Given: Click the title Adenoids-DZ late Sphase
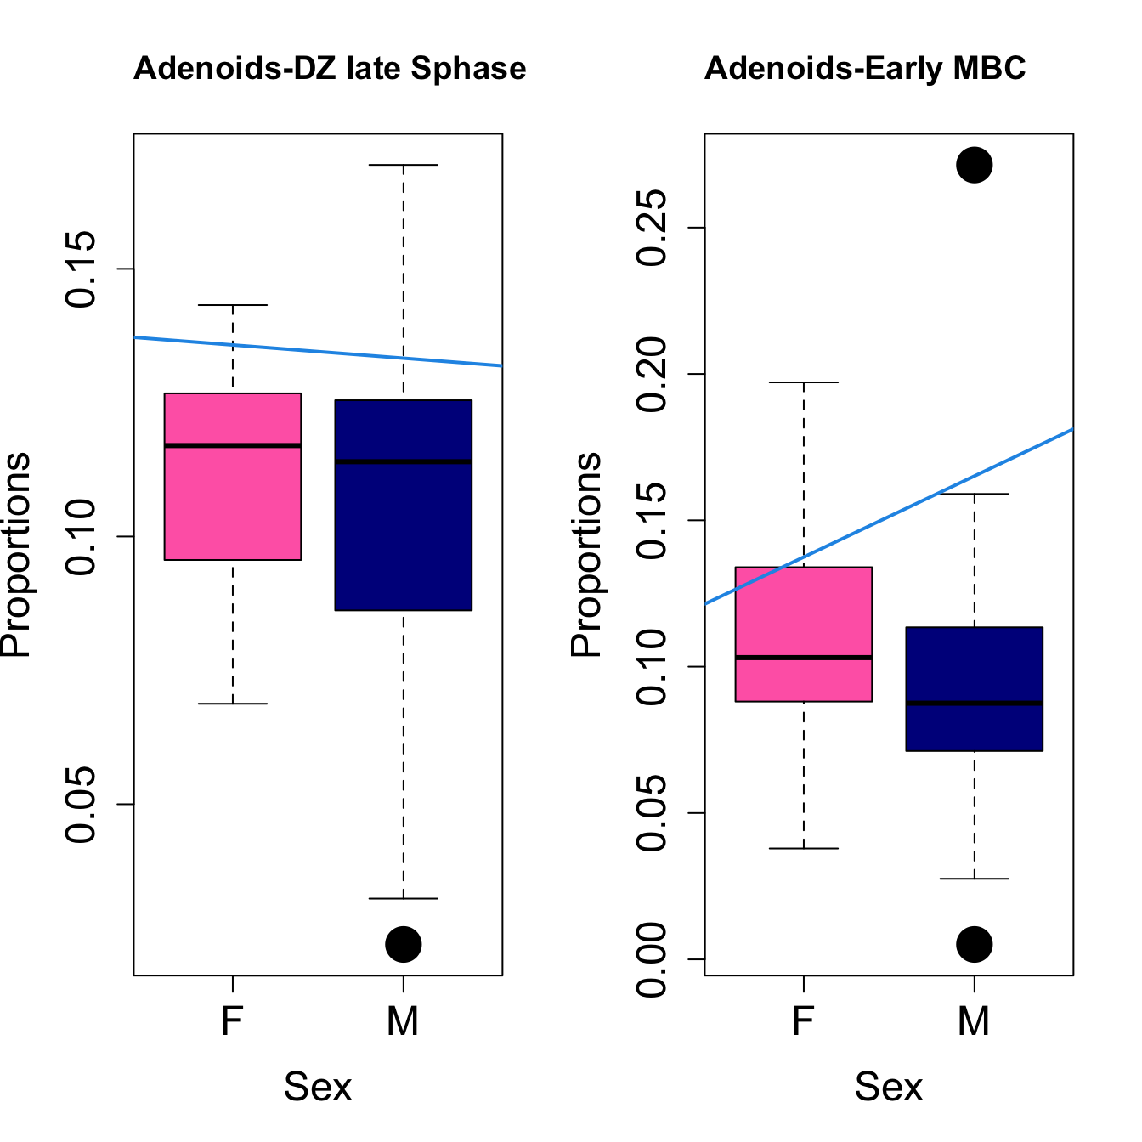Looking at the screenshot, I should tap(330, 69).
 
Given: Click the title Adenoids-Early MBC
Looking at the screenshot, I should tap(865, 69).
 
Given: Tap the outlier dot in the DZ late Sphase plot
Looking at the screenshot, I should tap(403, 944).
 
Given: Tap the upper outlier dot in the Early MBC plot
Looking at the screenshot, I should tap(974, 165).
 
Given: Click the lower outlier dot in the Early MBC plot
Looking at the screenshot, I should tap(974, 944).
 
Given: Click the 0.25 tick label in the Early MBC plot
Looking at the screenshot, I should tap(653, 228).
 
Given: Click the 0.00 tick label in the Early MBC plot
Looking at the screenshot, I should tap(653, 959).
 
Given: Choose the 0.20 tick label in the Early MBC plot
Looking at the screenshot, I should tap(653, 374).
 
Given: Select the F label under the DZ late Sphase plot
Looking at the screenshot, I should tap(233, 1020).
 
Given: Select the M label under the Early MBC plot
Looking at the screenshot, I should tap(974, 1020).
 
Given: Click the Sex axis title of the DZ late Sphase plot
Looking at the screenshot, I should tap(318, 1087).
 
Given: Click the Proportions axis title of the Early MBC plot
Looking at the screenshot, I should tap(586, 554).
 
